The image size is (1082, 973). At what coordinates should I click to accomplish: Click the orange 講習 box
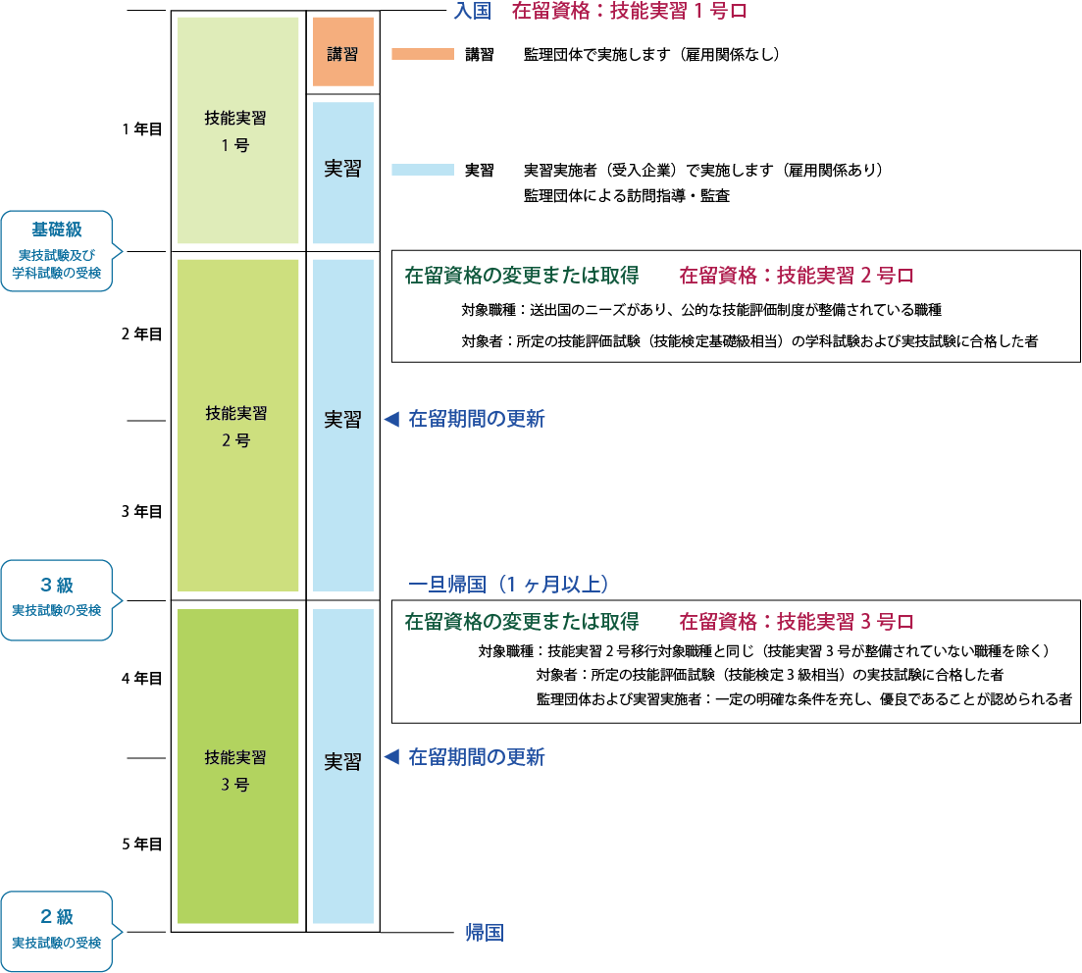click(342, 53)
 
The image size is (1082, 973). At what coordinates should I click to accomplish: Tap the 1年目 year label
click(141, 128)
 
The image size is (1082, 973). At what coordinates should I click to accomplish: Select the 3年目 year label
click(141, 511)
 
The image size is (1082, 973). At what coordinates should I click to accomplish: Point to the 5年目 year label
click(141, 844)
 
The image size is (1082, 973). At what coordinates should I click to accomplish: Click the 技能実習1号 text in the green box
click(235, 130)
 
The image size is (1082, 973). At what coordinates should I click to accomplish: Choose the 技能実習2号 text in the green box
click(235, 427)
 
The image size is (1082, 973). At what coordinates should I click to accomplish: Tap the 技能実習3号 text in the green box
click(235, 770)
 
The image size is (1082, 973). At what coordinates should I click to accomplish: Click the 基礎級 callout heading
click(57, 230)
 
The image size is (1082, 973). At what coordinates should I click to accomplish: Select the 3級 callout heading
click(57, 586)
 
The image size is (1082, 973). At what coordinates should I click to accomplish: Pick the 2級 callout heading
click(57, 918)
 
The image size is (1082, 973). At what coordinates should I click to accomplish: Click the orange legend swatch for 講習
click(422, 54)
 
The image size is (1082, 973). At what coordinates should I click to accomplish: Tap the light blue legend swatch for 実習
click(422, 170)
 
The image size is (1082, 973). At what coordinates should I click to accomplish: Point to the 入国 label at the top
click(472, 12)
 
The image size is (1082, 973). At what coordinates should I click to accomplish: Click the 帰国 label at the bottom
click(485, 933)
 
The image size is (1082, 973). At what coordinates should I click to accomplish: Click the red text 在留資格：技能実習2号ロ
click(797, 276)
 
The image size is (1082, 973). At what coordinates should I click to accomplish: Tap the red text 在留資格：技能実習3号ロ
click(797, 622)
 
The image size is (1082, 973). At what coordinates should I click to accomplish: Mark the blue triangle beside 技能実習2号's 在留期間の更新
click(389, 419)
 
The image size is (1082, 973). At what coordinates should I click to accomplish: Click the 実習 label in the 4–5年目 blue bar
click(342, 762)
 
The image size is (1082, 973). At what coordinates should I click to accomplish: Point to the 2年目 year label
click(141, 333)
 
